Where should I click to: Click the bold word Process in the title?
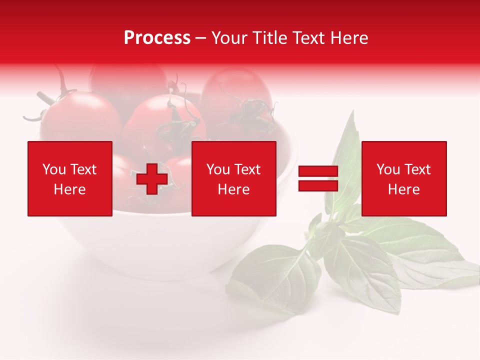click(x=157, y=38)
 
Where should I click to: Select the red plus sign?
click(x=152, y=179)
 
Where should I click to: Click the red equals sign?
click(x=318, y=179)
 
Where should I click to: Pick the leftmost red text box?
click(x=70, y=178)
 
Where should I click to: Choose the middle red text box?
click(x=234, y=178)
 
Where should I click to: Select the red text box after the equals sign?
click(x=404, y=178)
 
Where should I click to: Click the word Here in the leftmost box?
click(x=70, y=189)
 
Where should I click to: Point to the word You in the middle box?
click(x=218, y=169)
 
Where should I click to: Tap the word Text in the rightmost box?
click(x=418, y=169)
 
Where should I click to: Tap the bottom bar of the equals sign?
click(x=318, y=185)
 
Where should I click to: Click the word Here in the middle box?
click(x=234, y=189)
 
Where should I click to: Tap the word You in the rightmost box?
click(x=388, y=169)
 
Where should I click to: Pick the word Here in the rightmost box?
click(x=404, y=189)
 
